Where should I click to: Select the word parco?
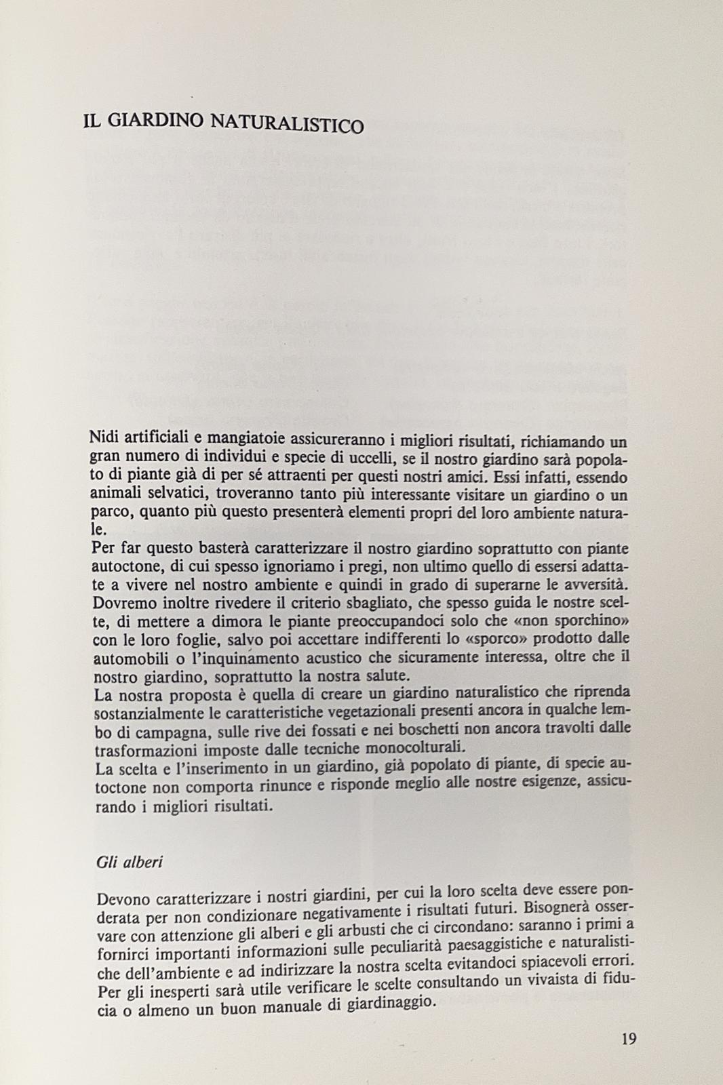pos(109,512)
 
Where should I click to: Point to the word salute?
pos(384,674)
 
